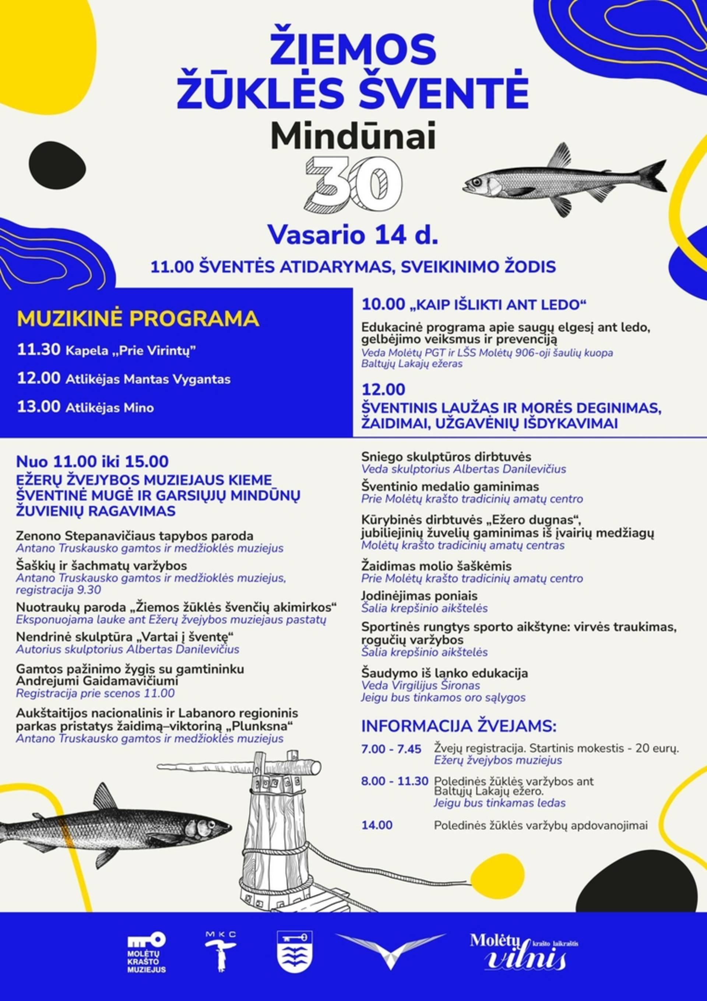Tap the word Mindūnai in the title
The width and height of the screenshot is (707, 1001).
(353, 137)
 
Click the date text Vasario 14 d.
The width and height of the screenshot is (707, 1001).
(353, 235)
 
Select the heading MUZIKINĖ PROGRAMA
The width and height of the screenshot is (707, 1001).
(138, 319)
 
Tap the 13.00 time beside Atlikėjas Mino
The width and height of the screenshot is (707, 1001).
(38, 407)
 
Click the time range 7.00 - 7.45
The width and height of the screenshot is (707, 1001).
(391, 749)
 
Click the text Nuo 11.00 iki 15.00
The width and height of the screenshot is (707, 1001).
(92, 461)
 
